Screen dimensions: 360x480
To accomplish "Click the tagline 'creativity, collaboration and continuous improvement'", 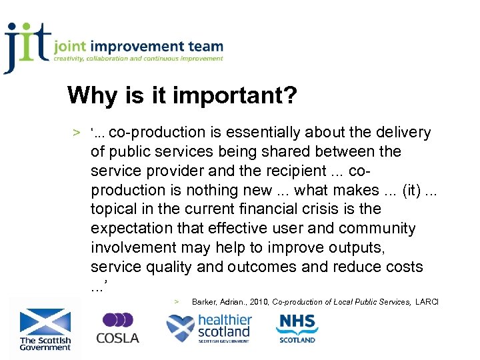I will pyautogui.click(x=139, y=59).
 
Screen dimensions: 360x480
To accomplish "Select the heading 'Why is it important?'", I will pyautogui.click(x=182, y=96).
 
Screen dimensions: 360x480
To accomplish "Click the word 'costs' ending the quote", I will pyautogui.click(x=403, y=267).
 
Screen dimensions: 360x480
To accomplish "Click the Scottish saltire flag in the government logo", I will pyautogui.click(x=45, y=321).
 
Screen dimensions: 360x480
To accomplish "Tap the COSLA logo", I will pyautogui.click(x=118, y=328).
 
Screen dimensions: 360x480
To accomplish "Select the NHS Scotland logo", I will pyautogui.click(x=297, y=327).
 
